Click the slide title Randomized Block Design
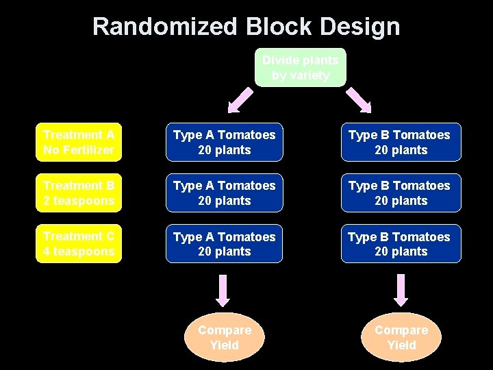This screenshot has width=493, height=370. click(x=246, y=27)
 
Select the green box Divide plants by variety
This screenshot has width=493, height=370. click(x=301, y=67)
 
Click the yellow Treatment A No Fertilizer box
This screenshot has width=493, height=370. click(x=79, y=142)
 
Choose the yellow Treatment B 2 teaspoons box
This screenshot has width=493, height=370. click(x=79, y=193)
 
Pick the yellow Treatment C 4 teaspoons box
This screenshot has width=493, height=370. click(x=79, y=243)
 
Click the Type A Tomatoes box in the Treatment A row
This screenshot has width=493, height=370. click(x=224, y=142)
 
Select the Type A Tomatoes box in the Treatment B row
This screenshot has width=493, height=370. click(x=224, y=193)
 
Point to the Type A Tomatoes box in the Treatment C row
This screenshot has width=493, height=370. click(x=224, y=243)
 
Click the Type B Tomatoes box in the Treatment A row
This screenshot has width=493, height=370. click(x=401, y=142)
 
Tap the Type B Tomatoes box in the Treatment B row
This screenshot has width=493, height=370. click(x=401, y=193)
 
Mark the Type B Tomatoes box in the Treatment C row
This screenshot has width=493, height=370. click(x=401, y=243)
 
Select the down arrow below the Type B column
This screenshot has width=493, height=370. click(x=401, y=290)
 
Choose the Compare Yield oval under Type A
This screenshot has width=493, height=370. click(x=225, y=337)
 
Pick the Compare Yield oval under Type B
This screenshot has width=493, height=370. click(x=401, y=337)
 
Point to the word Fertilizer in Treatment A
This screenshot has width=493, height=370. click(x=88, y=149)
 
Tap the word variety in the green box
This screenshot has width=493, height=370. click(x=309, y=75)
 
